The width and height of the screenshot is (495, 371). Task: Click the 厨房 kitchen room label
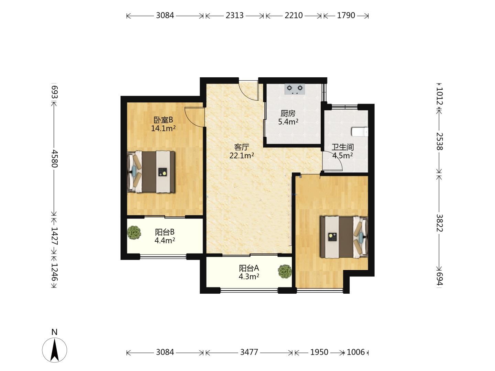tap(288, 113)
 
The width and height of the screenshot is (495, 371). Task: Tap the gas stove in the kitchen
tap(295, 89)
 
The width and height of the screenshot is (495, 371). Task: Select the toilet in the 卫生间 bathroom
tap(360, 132)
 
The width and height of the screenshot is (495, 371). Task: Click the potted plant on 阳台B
tap(134, 233)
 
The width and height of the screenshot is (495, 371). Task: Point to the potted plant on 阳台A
tap(285, 272)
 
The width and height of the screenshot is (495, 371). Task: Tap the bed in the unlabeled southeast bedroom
tap(344, 237)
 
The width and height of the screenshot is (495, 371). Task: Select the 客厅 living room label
tap(242, 147)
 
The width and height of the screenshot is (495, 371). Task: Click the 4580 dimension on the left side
tap(54, 159)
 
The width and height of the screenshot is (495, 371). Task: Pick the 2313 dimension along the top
tap(235, 15)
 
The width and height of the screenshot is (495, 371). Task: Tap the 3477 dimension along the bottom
tap(249, 352)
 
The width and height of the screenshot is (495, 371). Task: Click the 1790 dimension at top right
tap(346, 15)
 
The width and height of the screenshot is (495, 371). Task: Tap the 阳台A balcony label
tap(249, 268)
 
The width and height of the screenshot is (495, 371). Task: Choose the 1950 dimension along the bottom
tap(319, 352)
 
